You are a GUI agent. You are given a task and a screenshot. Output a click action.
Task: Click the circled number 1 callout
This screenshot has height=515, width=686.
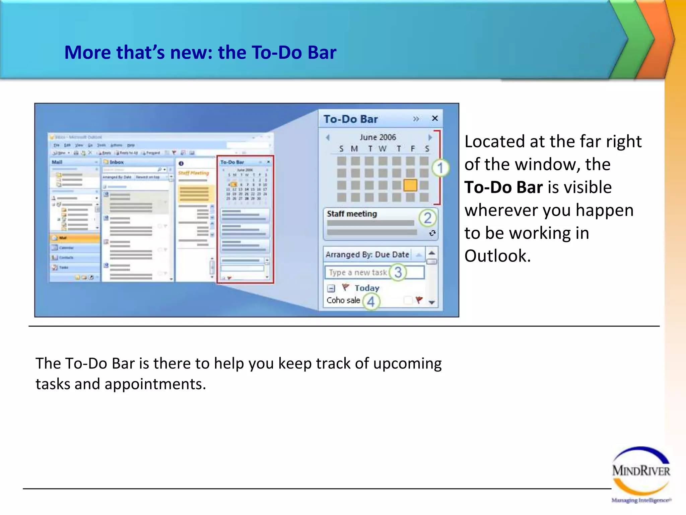coord(440,168)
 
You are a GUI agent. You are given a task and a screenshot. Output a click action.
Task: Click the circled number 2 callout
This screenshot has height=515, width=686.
coord(427,218)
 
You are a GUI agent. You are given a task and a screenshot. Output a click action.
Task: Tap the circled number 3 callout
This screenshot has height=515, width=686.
coord(398,272)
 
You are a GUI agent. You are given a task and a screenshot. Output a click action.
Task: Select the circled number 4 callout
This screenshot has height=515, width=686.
coord(371,301)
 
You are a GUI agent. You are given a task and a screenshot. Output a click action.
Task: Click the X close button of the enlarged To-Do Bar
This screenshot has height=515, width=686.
coord(435,118)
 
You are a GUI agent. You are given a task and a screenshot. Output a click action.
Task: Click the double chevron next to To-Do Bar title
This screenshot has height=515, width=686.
coord(416,119)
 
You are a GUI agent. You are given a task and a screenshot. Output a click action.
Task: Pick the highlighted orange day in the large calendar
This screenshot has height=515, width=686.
coord(410,185)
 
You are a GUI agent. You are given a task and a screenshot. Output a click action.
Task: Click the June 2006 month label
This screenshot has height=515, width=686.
coord(378,137)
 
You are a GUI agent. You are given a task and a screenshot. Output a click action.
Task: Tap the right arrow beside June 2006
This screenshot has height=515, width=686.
coord(430,137)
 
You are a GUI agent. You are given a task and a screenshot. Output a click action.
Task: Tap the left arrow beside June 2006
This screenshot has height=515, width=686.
coord(328,137)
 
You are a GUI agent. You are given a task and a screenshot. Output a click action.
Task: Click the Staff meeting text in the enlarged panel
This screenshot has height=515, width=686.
coord(352,214)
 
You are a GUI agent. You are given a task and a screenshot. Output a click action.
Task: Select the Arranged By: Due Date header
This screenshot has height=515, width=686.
coord(367,254)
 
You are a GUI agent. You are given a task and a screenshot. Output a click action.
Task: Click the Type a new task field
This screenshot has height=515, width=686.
coord(358,272)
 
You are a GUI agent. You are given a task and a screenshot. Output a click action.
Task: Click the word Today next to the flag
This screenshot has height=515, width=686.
coord(367,288)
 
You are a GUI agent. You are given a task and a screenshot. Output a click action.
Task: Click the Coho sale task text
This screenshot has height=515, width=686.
coord(343,300)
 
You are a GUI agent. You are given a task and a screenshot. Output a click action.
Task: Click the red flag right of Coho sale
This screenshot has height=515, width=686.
coord(419,299)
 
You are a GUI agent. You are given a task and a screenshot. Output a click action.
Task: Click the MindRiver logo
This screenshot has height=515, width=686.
coord(641,473)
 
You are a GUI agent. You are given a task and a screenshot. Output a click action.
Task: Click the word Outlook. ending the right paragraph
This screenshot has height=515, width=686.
coord(497,256)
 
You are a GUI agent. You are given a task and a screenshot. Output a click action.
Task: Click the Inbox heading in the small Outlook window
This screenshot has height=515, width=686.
coord(117,162)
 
